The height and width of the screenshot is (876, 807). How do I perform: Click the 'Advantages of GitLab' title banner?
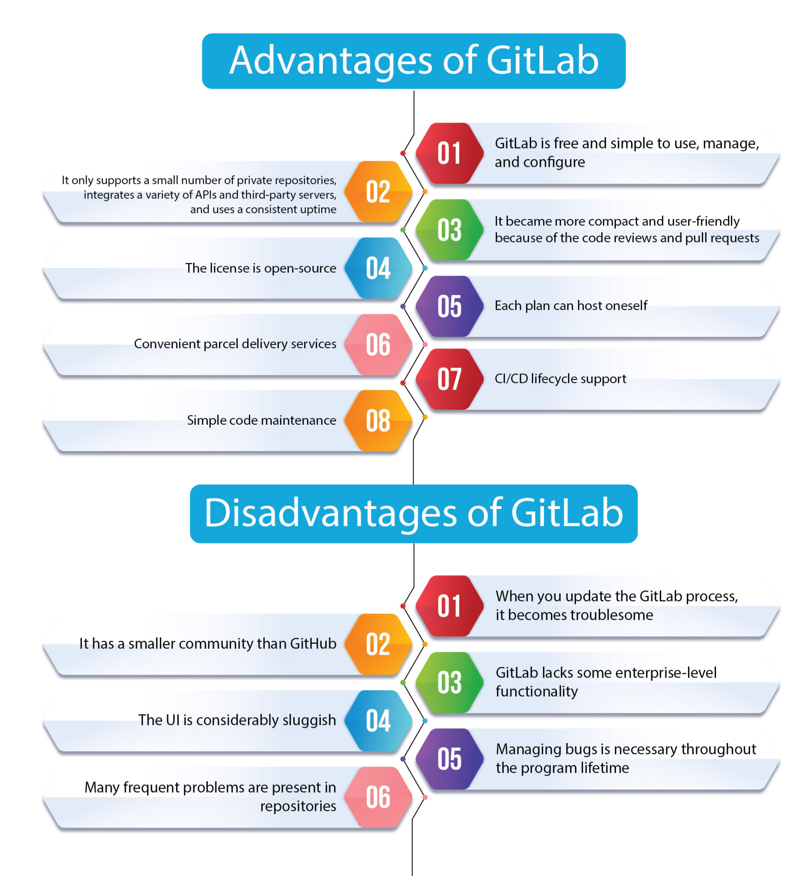click(x=413, y=61)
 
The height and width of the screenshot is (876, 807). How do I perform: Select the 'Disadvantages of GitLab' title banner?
click(x=413, y=513)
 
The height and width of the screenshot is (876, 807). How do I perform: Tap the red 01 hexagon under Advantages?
click(x=449, y=153)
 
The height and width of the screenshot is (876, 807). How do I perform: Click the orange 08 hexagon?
click(x=378, y=420)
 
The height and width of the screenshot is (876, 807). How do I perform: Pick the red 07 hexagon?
click(x=449, y=379)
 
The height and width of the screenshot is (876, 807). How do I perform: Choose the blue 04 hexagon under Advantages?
click(x=378, y=268)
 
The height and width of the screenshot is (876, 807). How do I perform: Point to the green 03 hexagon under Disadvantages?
click(x=449, y=682)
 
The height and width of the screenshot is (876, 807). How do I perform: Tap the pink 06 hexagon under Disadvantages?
click(x=378, y=797)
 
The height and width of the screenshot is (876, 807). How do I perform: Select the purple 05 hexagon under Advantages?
click(x=449, y=306)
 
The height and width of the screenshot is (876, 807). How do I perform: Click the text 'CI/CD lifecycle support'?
click(x=560, y=379)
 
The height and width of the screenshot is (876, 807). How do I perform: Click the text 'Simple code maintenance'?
click(x=261, y=420)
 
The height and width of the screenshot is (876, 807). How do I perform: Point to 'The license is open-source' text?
click(x=260, y=268)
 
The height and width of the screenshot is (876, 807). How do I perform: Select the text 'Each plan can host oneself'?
click(x=571, y=306)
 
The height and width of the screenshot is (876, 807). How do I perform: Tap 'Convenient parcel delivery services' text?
click(x=235, y=344)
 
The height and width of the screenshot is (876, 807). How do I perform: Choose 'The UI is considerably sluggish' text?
click(x=236, y=720)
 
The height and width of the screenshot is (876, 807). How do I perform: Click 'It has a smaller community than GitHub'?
click(x=207, y=644)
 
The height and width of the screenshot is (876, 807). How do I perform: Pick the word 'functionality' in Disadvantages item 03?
click(x=536, y=692)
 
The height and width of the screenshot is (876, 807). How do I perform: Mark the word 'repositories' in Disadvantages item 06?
click(x=298, y=806)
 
